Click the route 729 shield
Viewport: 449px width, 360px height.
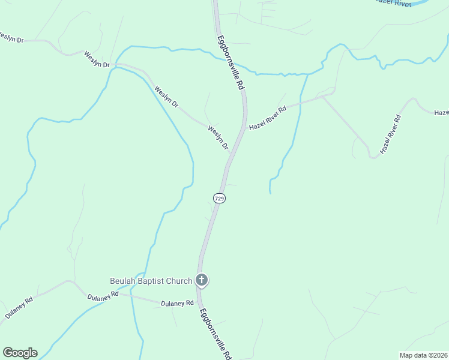219,198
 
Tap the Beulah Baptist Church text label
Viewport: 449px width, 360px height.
151,281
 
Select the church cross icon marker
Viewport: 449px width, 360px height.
202,280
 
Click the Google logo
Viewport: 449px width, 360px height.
20,353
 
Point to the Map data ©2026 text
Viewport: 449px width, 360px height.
423,355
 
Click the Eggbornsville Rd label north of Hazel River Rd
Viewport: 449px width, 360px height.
231,62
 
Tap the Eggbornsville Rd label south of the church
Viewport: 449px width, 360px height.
215,334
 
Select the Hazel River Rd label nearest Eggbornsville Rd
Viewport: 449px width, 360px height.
268,117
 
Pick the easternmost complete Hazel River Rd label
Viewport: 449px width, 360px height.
391,134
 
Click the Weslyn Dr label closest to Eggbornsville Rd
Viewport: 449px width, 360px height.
218,137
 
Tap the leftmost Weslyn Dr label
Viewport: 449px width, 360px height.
11,38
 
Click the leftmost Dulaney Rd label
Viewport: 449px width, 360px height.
19,307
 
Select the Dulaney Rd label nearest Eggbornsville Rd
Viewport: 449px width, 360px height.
177,304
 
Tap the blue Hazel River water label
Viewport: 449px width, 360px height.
393,3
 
